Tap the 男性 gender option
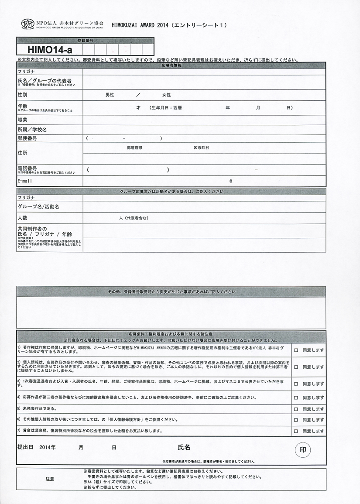(x=110, y=95)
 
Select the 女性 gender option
(x=166, y=95)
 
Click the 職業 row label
(x=22, y=120)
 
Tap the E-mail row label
(x=25, y=181)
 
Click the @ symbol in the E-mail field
(x=230, y=181)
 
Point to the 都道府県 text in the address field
(x=134, y=148)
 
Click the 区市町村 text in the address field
(x=201, y=148)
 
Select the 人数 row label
(x=22, y=217)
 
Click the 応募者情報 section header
(x=171, y=65)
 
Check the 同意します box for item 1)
(x=296, y=350)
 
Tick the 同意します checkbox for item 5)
(x=296, y=409)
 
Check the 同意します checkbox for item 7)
(x=296, y=431)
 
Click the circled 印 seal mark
(x=303, y=449)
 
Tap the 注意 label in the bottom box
(x=50, y=479)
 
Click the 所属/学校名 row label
(x=32, y=130)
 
